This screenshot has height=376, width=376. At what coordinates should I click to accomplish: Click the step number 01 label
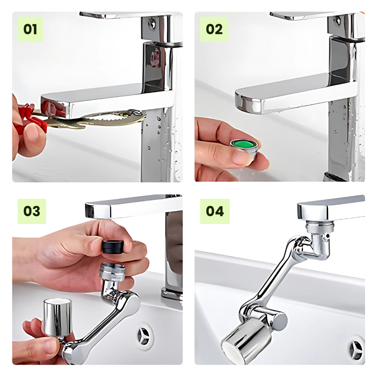tap(30, 29)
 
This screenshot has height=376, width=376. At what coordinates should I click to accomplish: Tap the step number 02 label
tap(214, 29)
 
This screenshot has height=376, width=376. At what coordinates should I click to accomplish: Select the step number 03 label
tap(32, 211)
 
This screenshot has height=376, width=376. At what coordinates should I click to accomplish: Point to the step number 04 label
tap(215, 211)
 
